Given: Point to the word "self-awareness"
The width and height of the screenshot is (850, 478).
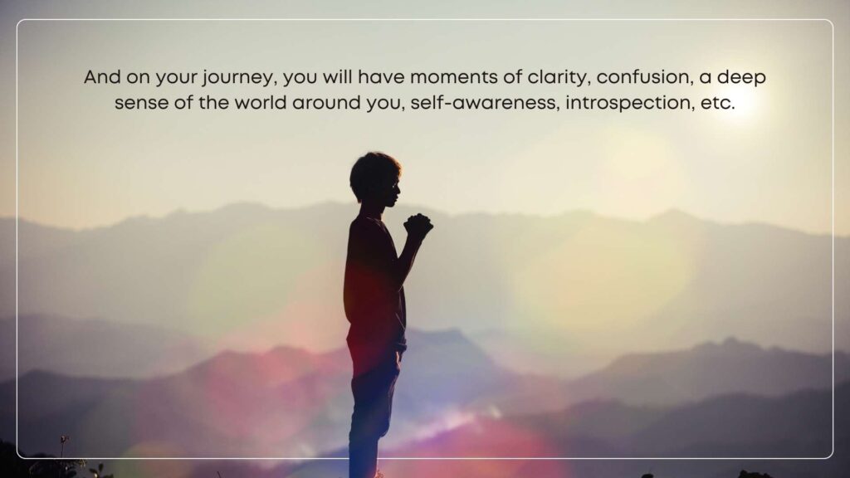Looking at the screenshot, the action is tap(484, 102).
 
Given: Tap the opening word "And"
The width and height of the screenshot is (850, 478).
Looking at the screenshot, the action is tap(102, 77).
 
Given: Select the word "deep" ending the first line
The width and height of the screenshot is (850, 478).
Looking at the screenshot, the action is tap(741, 78).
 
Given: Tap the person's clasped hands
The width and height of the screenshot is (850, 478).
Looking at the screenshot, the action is tap(418, 225).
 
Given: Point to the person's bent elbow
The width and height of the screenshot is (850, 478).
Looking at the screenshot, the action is tap(400, 276).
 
